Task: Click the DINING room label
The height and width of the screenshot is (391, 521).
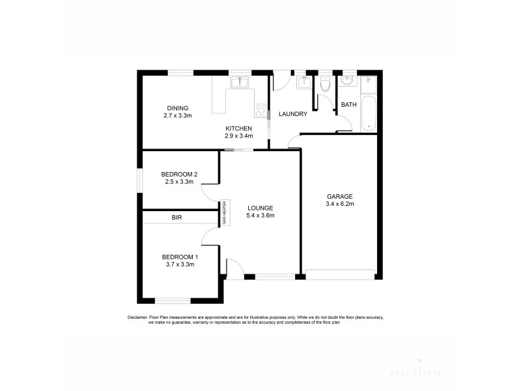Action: coord(177,108)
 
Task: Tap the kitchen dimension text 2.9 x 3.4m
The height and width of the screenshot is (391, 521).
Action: coord(238,136)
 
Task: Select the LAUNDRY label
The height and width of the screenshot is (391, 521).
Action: coord(292,115)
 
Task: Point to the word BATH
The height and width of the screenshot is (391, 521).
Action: coord(349,105)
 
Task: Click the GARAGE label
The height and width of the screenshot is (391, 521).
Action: coord(339,196)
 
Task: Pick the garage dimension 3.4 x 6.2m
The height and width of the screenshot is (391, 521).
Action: coord(339,204)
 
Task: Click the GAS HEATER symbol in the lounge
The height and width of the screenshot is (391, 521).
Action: coord(224,212)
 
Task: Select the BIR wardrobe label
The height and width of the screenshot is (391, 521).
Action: coord(176,218)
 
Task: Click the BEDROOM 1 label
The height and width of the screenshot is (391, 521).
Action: coord(180,257)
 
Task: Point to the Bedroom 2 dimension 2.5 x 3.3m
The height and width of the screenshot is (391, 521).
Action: coord(179,182)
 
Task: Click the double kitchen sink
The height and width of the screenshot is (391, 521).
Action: coord(240,81)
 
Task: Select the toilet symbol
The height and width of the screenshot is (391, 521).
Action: coord(325,84)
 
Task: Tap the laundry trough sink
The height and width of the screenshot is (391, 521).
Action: coord(303,82)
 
